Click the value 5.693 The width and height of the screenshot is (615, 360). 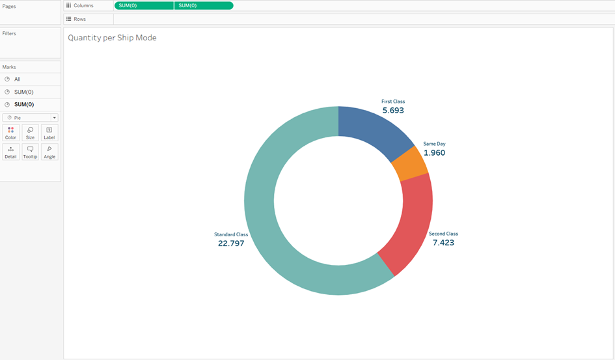tap(393, 111)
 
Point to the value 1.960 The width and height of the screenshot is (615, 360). tap(434, 153)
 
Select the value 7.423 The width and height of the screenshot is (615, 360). tap(443, 243)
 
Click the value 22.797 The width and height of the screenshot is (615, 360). tap(231, 243)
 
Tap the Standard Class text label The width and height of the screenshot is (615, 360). tap(231, 234)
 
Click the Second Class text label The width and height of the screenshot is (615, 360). tap(443, 234)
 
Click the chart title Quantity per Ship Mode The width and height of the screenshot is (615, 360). tap(112, 38)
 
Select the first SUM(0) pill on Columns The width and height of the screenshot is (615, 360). tap(144, 5)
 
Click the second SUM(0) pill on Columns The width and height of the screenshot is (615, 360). tap(203, 5)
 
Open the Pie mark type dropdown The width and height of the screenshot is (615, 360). tap(31, 118)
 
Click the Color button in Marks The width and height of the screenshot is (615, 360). tap(10, 133)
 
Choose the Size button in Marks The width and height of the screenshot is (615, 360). tap(30, 133)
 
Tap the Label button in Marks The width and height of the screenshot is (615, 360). tap(49, 133)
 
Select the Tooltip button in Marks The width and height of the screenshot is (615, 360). tap(30, 152)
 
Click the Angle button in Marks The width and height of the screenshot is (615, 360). tap(49, 152)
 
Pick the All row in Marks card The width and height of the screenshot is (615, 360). tap(18, 79)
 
